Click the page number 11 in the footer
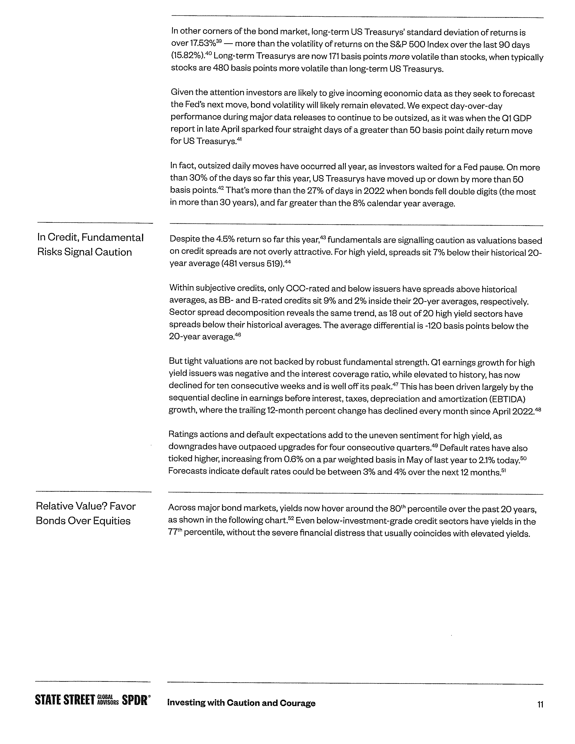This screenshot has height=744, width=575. click(540, 704)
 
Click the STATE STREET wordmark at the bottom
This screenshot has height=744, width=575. click(65, 700)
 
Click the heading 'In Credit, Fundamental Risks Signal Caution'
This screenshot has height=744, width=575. click(90, 245)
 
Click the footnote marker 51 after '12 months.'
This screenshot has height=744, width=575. click(504, 470)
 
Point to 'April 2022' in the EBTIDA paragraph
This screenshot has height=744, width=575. click(513, 411)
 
